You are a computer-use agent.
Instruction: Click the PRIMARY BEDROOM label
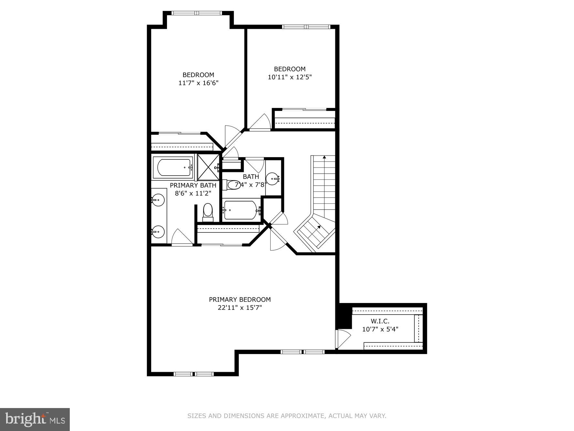click(x=240, y=299)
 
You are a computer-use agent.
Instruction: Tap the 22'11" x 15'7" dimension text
click(x=240, y=307)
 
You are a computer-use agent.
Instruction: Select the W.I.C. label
click(x=380, y=321)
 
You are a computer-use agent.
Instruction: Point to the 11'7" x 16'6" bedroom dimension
click(x=198, y=83)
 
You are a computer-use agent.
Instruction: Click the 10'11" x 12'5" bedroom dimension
click(x=290, y=77)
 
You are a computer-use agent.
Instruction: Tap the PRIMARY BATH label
click(x=193, y=185)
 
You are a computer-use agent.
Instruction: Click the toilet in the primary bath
click(x=208, y=212)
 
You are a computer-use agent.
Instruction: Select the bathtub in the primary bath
click(x=173, y=167)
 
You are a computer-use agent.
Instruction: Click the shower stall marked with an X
click(x=208, y=167)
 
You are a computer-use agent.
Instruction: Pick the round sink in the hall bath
click(x=273, y=178)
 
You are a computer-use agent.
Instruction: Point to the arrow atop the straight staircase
click(x=324, y=157)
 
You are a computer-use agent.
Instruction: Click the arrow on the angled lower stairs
click(x=319, y=227)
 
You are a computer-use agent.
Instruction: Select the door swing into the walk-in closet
click(x=343, y=338)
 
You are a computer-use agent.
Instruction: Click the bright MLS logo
click(x=35, y=419)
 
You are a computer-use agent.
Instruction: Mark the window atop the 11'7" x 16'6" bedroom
click(x=197, y=13)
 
